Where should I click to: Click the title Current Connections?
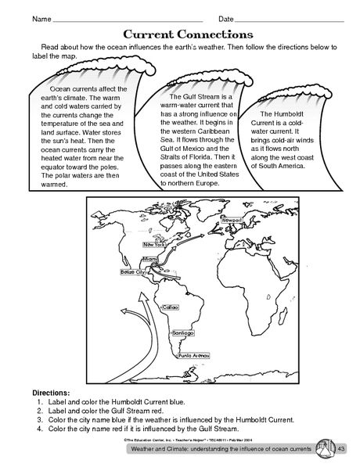(188, 35)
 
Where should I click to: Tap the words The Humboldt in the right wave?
(283, 114)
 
